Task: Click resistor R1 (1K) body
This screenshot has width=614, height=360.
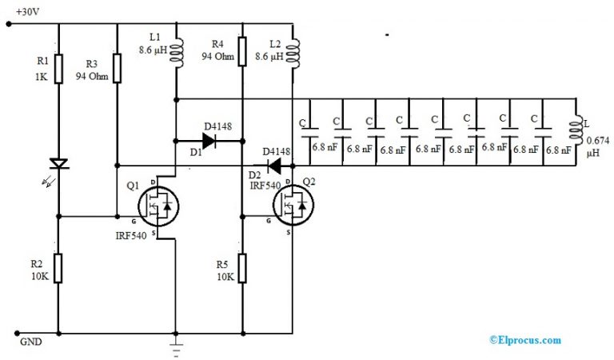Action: coord(58,68)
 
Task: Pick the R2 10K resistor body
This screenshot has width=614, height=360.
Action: coord(58,269)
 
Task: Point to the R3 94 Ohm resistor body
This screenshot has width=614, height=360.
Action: coord(118,68)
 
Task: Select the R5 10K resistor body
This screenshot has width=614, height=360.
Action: coord(241,269)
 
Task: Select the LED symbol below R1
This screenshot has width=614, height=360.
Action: coord(58,163)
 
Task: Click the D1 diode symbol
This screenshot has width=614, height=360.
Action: coord(209,142)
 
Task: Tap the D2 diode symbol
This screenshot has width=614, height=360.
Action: coord(274,166)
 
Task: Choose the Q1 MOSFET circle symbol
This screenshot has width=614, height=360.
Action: coord(157,206)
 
